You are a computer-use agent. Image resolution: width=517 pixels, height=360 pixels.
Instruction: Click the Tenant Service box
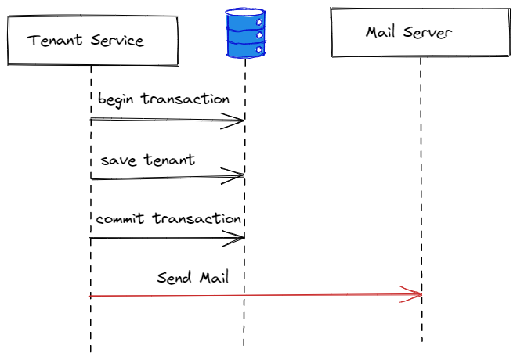(87, 40)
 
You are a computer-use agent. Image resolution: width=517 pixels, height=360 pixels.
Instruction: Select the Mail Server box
(419, 33)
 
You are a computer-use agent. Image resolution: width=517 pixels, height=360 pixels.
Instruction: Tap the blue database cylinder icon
(245, 34)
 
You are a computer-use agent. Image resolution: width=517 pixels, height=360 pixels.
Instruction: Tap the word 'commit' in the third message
(121, 218)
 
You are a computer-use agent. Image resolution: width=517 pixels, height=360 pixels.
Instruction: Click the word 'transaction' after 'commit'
(196, 218)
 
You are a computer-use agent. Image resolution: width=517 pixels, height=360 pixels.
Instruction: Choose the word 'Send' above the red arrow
(175, 277)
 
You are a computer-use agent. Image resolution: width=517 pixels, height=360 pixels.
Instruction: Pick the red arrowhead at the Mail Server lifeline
(414, 294)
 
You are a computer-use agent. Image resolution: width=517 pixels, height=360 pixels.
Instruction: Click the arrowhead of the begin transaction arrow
(235, 120)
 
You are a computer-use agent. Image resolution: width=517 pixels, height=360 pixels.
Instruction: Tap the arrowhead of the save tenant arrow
(235, 177)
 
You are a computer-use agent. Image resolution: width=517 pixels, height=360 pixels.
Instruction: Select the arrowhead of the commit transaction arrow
(235, 238)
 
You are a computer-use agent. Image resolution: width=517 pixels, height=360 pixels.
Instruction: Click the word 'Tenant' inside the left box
(53, 40)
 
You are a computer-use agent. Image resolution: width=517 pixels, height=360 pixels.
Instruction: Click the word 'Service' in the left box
(114, 40)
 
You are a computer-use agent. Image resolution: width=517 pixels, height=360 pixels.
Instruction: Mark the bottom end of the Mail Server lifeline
(421, 340)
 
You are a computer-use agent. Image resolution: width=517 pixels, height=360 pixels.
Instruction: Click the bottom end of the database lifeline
(244, 344)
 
